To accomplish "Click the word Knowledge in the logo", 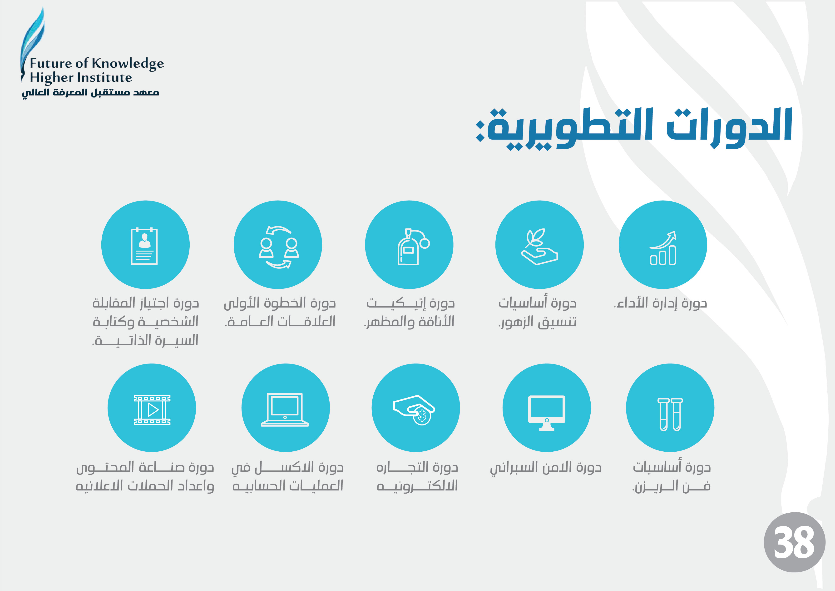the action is (128, 64).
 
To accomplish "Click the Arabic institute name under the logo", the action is (91, 92).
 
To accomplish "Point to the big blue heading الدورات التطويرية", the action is (634, 127).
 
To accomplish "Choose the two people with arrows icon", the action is (279, 247).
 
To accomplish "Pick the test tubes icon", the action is (670, 414).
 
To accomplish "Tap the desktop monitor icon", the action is (547, 413).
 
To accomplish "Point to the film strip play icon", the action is (152, 410).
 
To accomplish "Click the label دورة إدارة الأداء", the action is (660, 303).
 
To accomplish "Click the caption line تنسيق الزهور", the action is (538, 322).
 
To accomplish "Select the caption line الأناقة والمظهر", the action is (409, 322).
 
